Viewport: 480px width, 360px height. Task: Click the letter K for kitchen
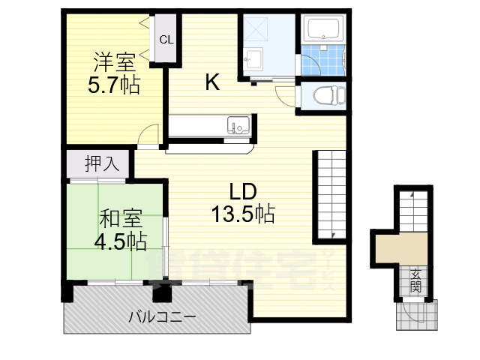[212, 83]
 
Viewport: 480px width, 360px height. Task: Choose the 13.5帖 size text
[242, 214]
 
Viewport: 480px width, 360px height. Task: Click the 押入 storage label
[102, 163]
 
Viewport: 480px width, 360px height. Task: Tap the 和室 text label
[120, 219]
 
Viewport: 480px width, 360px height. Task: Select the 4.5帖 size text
[120, 241]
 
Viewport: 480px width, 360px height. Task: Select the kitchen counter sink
[238, 125]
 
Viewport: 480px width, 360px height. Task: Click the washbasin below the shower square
[255, 58]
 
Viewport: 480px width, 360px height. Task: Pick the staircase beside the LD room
[330, 195]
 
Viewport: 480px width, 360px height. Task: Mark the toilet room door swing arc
[285, 94]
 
